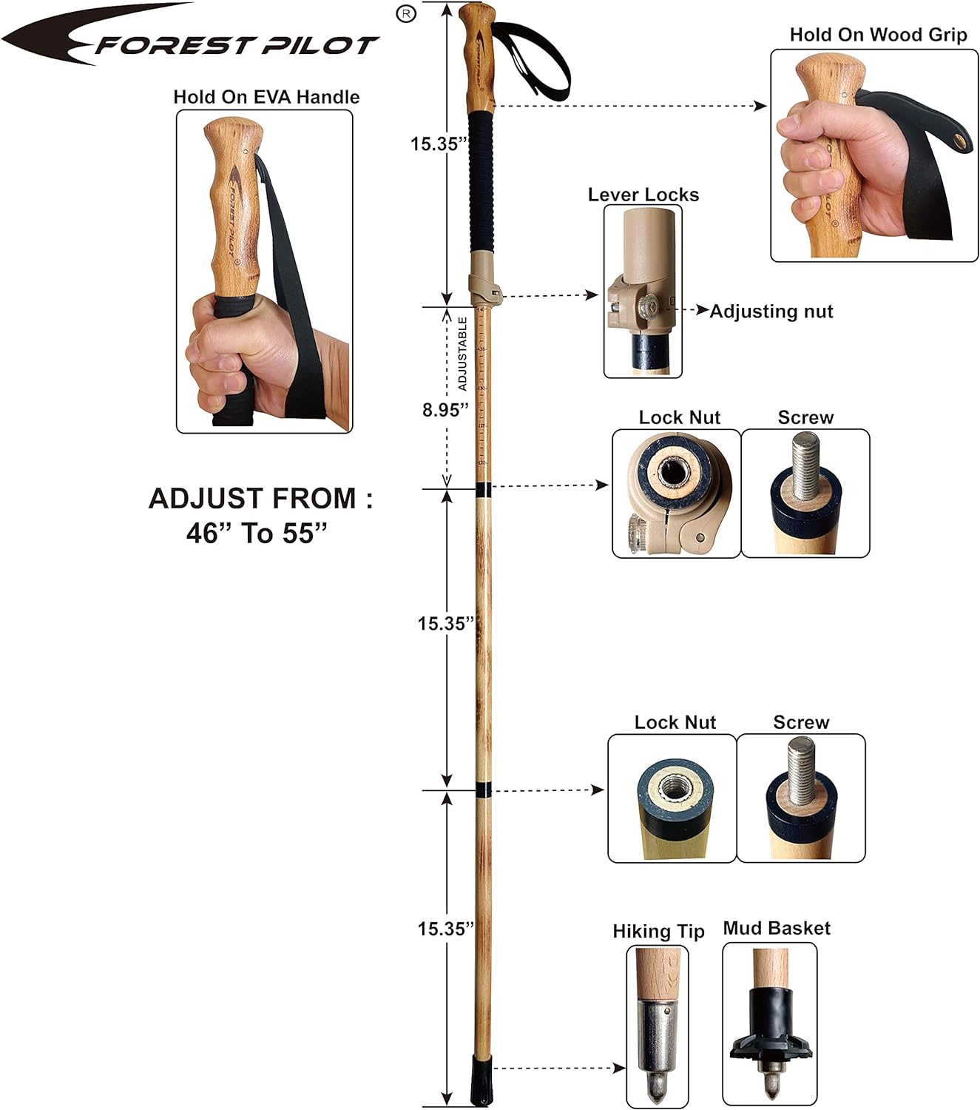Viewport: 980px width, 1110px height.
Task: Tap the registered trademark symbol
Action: (x=406, y=13)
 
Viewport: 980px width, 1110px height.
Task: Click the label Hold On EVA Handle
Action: (x=266, y=97)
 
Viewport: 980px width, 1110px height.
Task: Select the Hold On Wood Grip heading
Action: (x=878, y=35)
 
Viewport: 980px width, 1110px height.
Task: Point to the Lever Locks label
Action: (x=643, y=195)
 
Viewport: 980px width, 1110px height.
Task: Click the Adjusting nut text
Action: (x=771, y=312)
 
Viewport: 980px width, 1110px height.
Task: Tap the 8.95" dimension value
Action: (x=446, y=409)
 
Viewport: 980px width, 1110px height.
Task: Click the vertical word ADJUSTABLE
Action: (x=463, y=354)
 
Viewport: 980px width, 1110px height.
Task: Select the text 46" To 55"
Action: (x=257, y=533)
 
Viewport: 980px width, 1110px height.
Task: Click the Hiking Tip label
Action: (x=658, y=931)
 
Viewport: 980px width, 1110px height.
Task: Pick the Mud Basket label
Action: (x=777, y=929)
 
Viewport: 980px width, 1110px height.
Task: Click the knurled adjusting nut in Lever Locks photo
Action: (x=649, y=309)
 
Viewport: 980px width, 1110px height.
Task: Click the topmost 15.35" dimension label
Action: (x=439, y=144)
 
